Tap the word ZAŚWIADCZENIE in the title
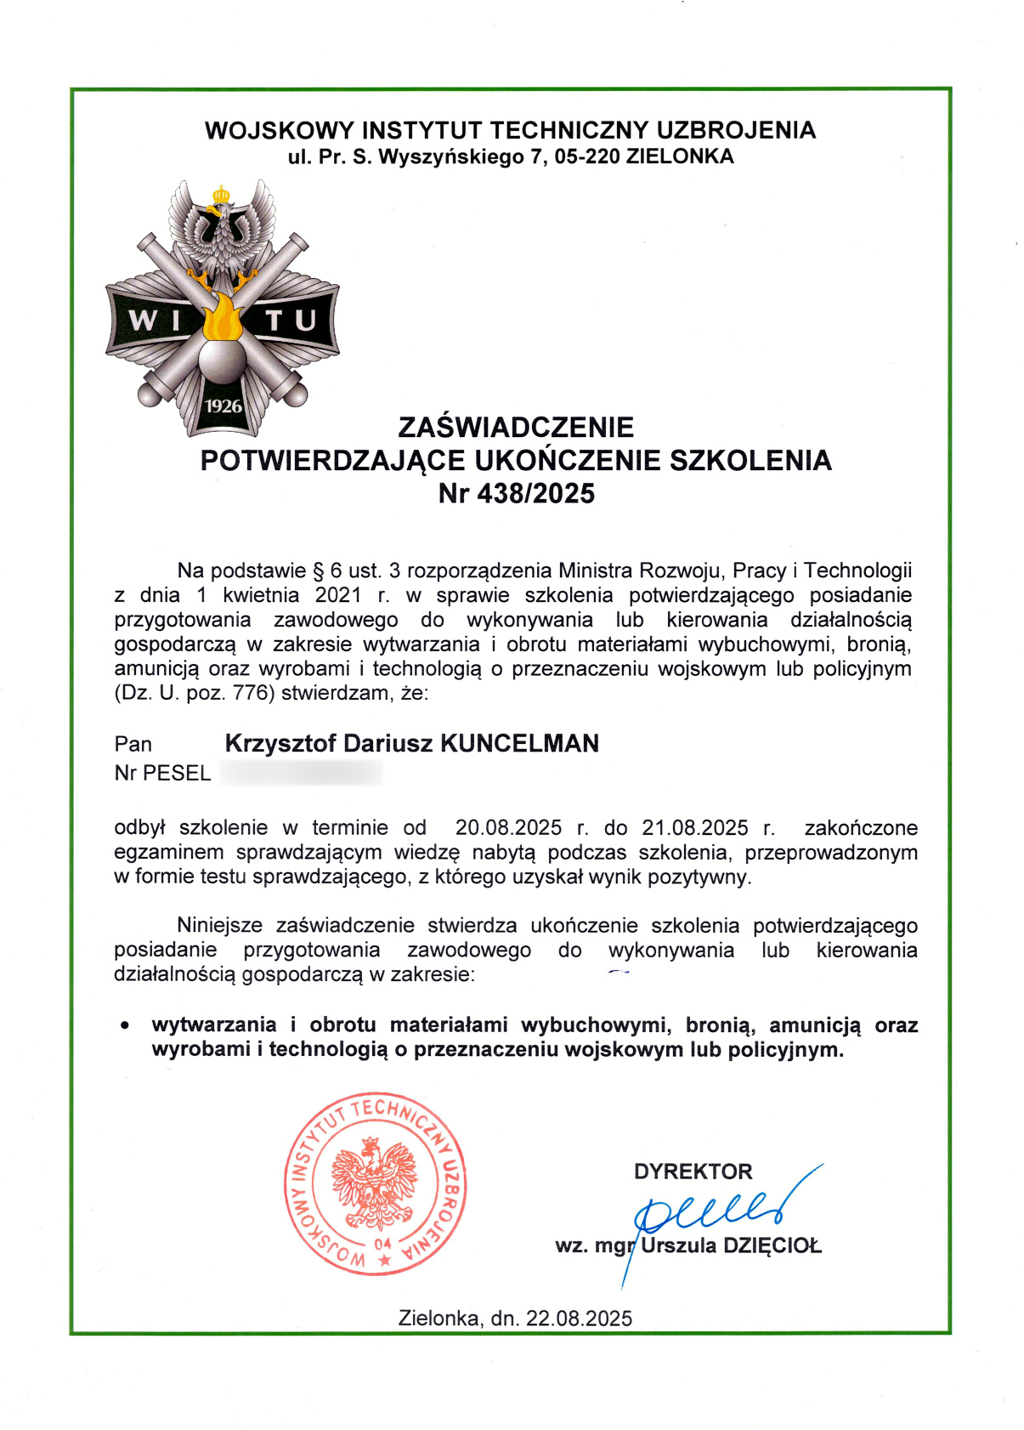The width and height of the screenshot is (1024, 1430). point(516,427)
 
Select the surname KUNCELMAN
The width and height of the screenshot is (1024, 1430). point(519,744)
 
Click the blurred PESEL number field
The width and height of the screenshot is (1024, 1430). point(301,774)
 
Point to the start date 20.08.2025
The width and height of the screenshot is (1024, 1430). point(508,828)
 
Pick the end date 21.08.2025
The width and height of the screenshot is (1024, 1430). point(695,828)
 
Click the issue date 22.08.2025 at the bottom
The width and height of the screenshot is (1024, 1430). point(579,1319)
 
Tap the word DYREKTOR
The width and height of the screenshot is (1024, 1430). point(693,1172)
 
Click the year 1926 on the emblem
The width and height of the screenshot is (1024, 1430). point(223,406)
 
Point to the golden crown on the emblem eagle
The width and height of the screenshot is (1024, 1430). point(221,195)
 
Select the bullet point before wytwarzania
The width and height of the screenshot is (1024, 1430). point(126,1026)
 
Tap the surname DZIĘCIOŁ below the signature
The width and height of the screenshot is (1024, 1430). point(772,1246)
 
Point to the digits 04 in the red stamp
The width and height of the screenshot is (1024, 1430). point(382,1244)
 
